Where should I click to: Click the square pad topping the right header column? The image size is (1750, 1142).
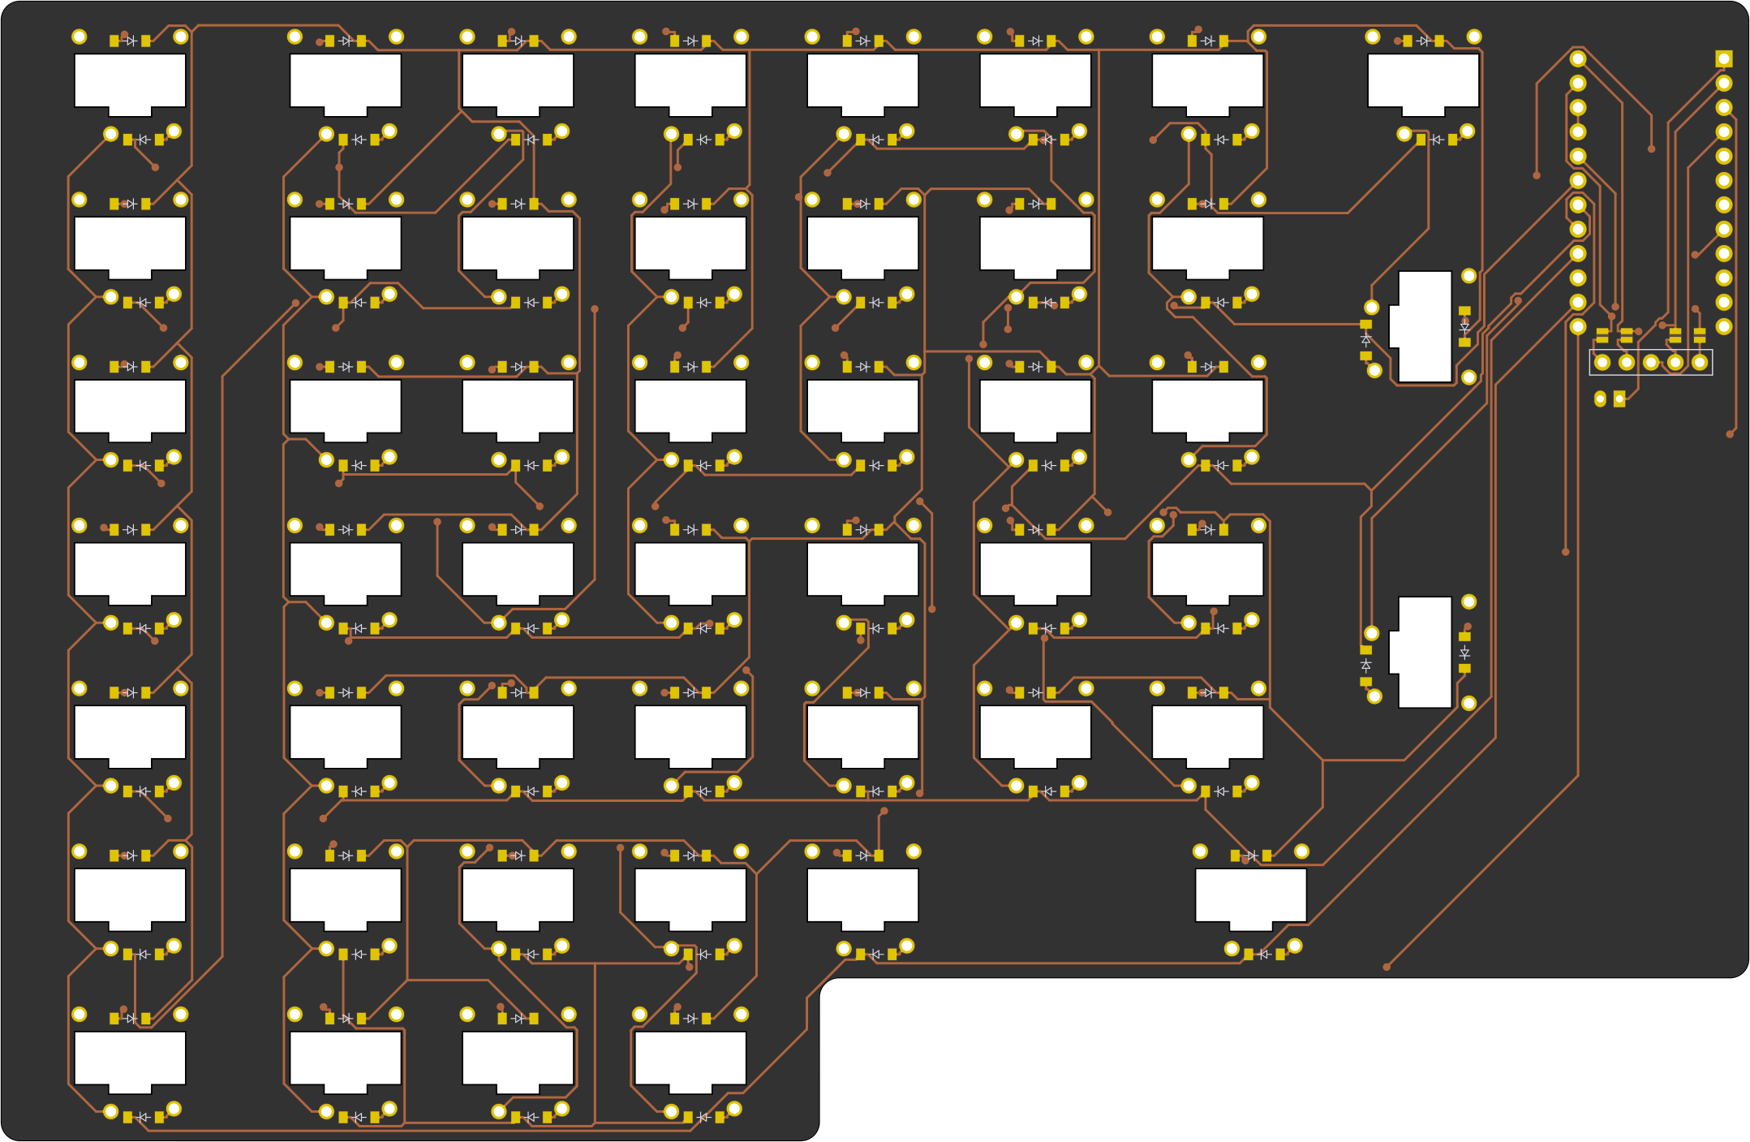pos(1724,58)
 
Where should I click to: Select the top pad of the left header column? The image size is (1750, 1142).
pos(1578,58)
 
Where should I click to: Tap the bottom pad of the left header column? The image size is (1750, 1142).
pos(1578,326)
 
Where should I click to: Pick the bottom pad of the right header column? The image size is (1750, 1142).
pos(1724,326)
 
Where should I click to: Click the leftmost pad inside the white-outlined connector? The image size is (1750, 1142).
pos(1602,362)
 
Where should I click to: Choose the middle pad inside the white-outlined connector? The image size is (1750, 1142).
pos(1651,362)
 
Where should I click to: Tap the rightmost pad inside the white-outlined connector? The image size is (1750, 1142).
pos(1700,362)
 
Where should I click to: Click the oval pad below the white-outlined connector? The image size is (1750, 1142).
pos(1600,399)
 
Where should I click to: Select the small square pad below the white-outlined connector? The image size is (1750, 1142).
pos(1619,399)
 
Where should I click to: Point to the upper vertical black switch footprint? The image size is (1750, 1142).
pos(1424,326)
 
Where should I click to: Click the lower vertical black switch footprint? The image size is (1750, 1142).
pos(1424,652)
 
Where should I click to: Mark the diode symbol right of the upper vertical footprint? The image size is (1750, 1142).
pos(1464,327)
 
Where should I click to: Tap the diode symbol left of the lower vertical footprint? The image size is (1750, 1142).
pos(1366,666)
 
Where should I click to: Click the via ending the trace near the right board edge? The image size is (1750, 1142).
pos(1730,434)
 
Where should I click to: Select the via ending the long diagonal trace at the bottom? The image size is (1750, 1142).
pos(1387,967)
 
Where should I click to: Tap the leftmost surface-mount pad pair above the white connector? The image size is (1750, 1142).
pos(1602,335)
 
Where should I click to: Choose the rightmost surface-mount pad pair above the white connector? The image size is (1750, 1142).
pos(1700,335)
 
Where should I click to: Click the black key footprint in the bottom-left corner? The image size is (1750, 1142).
pos(130,1060)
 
